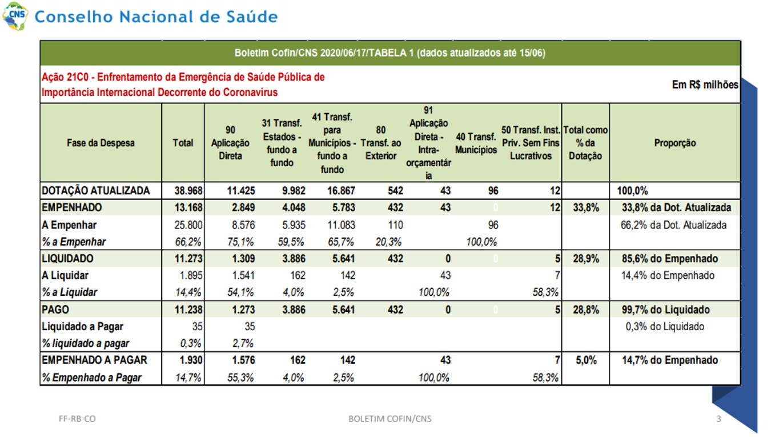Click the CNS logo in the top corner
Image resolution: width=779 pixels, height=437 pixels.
15,16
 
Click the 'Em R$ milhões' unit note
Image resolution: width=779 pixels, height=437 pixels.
705,85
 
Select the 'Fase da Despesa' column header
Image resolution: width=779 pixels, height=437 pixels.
101,143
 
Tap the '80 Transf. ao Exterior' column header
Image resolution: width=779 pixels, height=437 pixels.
381,143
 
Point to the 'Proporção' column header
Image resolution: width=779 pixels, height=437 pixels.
675,143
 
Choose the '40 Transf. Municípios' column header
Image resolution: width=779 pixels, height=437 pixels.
476,143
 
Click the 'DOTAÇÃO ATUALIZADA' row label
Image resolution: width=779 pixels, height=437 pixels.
95,191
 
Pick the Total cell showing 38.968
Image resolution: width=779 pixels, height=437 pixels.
188,191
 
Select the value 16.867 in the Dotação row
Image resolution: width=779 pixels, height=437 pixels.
341,191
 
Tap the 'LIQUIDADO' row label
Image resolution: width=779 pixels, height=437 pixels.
67,259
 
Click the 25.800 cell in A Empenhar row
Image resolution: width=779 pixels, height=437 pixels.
188,225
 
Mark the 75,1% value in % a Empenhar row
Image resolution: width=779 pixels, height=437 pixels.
240,242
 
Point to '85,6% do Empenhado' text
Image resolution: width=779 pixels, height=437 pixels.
670,259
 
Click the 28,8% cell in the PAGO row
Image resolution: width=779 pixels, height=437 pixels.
586,310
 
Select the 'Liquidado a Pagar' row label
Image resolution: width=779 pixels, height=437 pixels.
82,327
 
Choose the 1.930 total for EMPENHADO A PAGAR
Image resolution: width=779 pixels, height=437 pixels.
191,360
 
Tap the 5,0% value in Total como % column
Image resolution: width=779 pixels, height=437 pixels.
586,360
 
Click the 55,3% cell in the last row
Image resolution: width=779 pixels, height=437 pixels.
240,378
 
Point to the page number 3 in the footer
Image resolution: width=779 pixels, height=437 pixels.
718,419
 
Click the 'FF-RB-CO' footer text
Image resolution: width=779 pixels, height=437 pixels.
77,419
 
